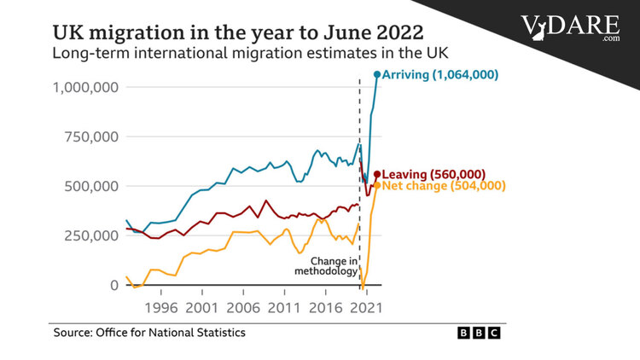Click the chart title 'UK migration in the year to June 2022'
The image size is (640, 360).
coord(238,32)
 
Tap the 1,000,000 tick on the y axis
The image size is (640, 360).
coord(84,87)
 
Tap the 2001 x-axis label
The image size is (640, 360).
coord(201,306)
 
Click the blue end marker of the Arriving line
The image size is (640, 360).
coord(376,75)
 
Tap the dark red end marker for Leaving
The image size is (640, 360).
coord(376,175)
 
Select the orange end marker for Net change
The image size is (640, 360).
coord(376,185)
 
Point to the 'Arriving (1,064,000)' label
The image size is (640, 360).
coord(440,75)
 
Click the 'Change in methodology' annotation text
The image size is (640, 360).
coord(325,265)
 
